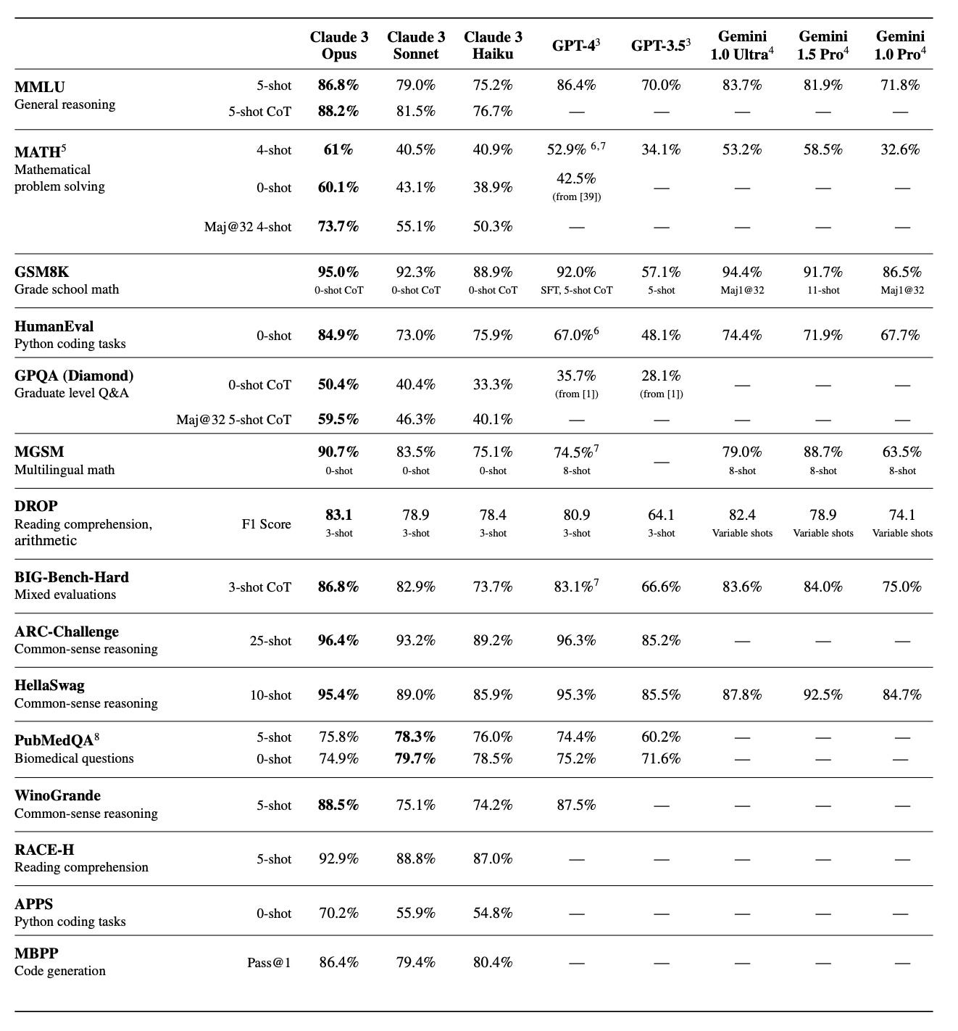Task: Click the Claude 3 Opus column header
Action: [x=338, y=45]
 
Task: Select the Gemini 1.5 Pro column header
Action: [x=822, y=45]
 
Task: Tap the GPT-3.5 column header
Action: [x=660, y=46]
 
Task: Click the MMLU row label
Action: [x=40, y=87]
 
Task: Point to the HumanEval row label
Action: [x=54, y=326]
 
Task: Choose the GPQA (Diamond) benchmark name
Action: [x=74, y=376]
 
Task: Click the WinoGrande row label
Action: [x=57, y=795]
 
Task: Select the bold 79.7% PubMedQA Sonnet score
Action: [x=415, y=758]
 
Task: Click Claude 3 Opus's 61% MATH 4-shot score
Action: [x=338, y=149]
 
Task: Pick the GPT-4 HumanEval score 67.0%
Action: [x=576, y=335]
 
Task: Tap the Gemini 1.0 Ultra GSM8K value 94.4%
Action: [x=742, y=272]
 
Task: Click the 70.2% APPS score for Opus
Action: [x=338, y=913]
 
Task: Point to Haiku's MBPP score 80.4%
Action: [x=493, y=962]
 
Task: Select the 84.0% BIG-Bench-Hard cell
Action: [x=822, y=587]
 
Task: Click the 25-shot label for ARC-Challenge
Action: [x=270, y=641]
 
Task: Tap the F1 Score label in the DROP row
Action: [x=266, y=524]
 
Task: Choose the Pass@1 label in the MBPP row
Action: [x=269, y=963]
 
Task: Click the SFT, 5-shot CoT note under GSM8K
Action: [x=576, y=290]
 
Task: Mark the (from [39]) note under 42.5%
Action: [x=576, y=196]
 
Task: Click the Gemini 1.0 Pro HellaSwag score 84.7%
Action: [x=901, y=695]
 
